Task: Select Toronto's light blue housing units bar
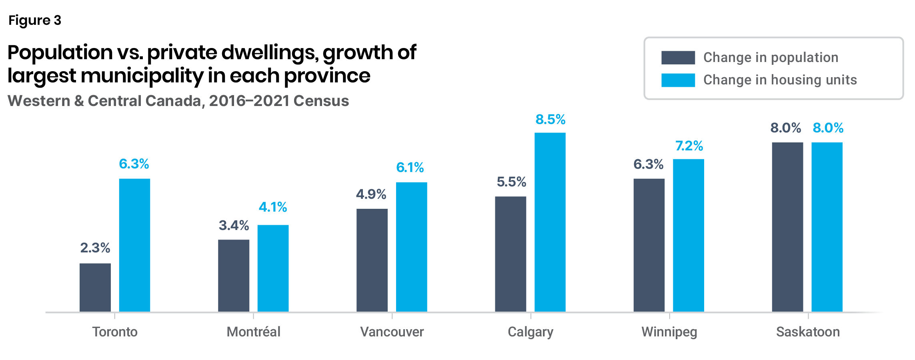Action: [134, 245]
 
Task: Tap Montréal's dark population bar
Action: [234, 276]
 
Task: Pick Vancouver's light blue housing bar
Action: [412, 247]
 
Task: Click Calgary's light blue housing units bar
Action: [550, 222]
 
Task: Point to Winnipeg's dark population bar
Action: [649, 245]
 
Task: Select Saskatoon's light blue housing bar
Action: [827, 227]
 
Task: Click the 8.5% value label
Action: [551, 119]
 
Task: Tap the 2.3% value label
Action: [95, 248]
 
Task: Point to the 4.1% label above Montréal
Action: [273, 207]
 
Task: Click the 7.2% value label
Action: [689, 146]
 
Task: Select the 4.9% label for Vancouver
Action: [371, 194]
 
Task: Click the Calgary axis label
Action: [531, 332]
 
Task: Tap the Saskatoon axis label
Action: [808, 332]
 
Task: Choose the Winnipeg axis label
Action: [669, 332]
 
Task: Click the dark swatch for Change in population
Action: [678, 58]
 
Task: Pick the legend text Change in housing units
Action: [780, 80]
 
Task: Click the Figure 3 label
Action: [35, 20]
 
